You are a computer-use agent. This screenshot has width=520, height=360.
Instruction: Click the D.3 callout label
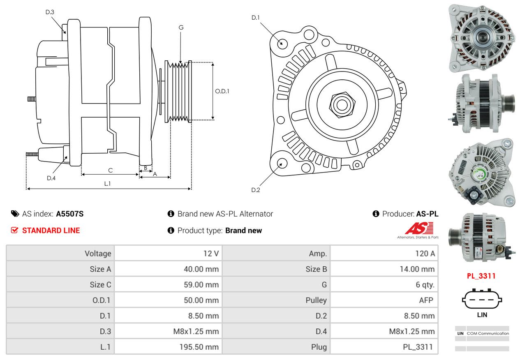50,12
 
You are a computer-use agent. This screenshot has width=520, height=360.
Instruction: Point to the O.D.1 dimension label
222,91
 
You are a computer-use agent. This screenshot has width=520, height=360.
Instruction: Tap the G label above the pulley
181,28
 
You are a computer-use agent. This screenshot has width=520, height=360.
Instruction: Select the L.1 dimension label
107,184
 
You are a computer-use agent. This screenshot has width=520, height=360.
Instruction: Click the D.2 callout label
256,190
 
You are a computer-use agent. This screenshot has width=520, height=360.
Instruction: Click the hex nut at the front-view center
342,105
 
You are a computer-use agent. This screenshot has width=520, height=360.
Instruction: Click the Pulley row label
316,300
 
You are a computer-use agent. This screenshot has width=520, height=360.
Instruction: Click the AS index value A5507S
69,214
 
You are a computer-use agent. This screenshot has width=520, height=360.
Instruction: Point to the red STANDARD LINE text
51,230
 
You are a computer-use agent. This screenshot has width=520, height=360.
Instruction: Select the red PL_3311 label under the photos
481,276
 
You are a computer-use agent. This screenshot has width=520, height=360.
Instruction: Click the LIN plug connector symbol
482,299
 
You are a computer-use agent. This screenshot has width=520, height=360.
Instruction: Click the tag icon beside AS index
15,214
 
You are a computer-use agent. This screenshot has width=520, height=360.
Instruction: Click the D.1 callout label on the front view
256,18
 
